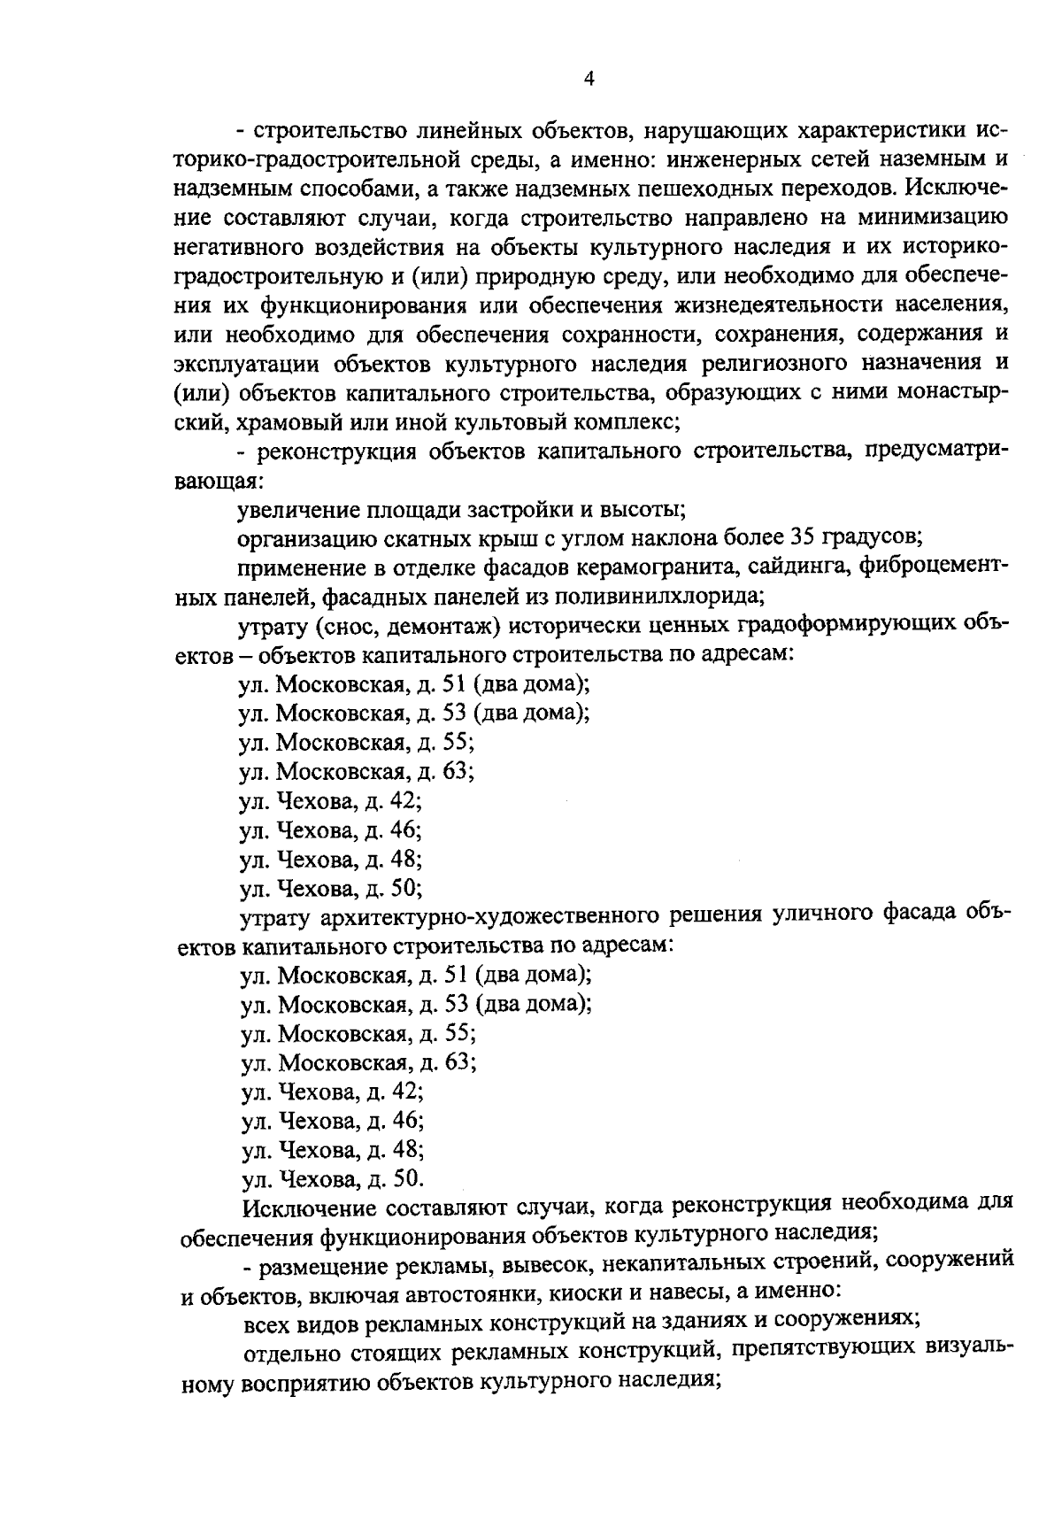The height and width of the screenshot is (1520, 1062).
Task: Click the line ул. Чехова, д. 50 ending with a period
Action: (334, 1178)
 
